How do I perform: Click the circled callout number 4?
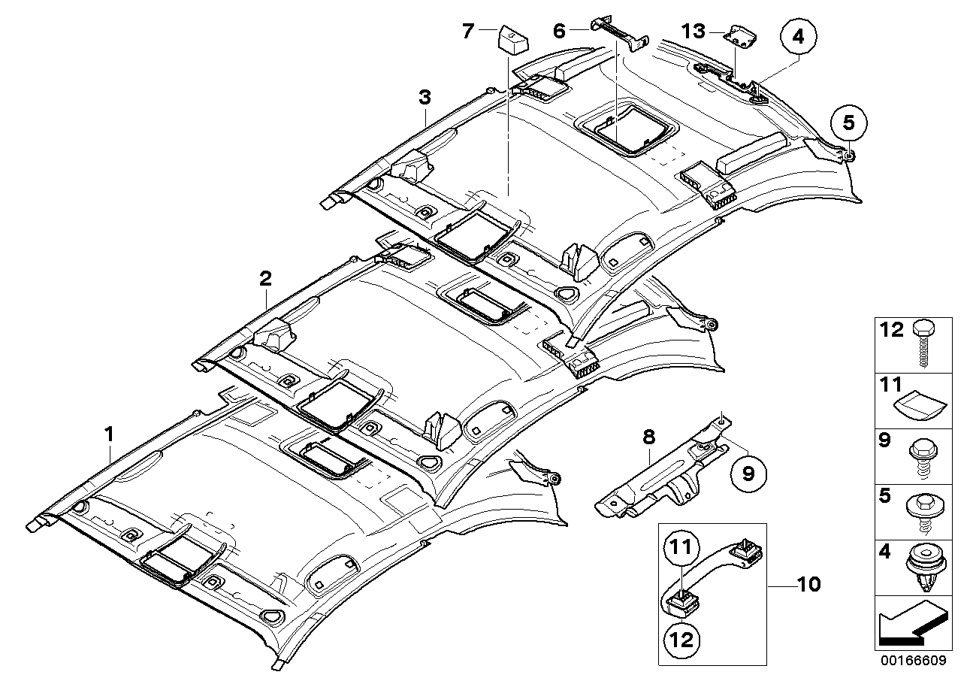(x=797, y=35)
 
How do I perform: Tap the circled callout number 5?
(x=848, y=122)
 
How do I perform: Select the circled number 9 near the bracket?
(x=748, y=473)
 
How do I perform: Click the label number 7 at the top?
(x=468, y=32)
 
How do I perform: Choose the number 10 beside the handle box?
(x=809, y=583)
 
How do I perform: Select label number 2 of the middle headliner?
(x=264, y=279)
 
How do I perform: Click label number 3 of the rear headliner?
(x=425, y=97)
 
